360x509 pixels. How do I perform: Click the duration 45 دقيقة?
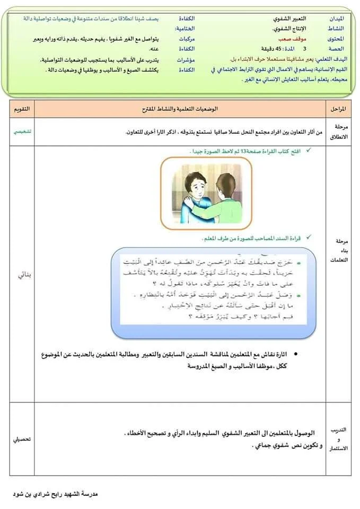click(270, 49)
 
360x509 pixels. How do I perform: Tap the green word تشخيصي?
click(22, 131)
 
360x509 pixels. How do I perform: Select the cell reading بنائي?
click(22, 275)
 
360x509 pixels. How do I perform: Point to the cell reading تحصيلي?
click(22, 440)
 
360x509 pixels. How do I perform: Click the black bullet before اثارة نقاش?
click(295, 354)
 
